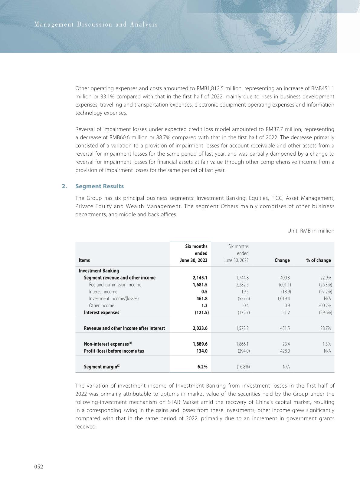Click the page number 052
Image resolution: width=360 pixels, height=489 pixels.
(x=38, y=467)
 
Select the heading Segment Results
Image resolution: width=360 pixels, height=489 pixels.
(x=99, y=186)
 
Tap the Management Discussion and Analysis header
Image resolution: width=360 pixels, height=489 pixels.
(x=96, y=25)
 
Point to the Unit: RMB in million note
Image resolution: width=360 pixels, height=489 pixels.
(x=311, y=231)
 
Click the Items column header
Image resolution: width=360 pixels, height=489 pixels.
(x=84, y=260)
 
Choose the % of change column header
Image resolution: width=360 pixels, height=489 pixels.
(x=319, y=260)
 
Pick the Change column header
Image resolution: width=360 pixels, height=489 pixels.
(x=282, y=260)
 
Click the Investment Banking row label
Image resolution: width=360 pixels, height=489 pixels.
(x=99, y=271)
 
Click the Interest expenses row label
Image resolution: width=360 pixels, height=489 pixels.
(x=101, y=312)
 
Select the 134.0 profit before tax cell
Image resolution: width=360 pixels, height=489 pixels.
(x=202, y=351)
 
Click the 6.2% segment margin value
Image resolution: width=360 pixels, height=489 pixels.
(x=202, y=367)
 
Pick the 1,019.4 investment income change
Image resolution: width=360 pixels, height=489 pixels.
(x=283, y=299)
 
